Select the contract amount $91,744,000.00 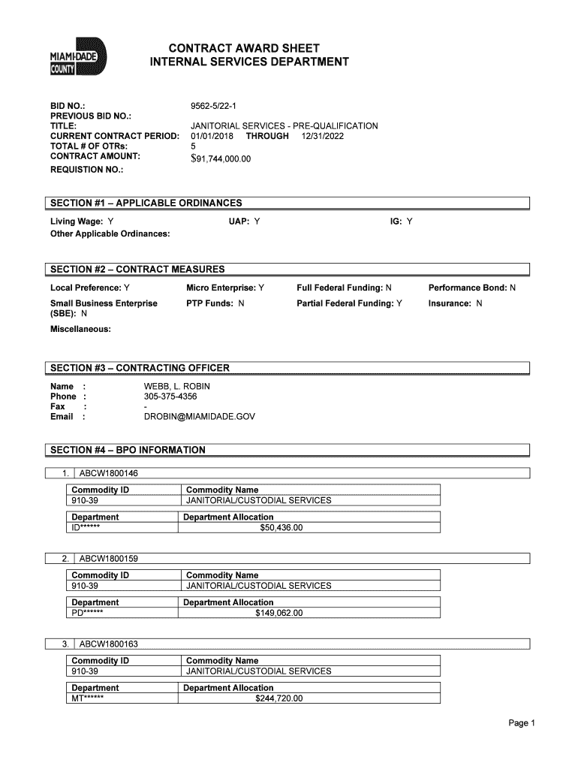(221, 158)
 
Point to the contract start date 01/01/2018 (212, 136)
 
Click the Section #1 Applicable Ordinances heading (146, 203)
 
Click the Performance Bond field (471, 288)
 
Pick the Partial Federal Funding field (349, 303)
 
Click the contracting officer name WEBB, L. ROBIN (177, 386)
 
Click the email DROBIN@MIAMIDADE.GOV (199, 416)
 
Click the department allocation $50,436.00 (281, 528)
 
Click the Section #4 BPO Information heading (128, 450)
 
